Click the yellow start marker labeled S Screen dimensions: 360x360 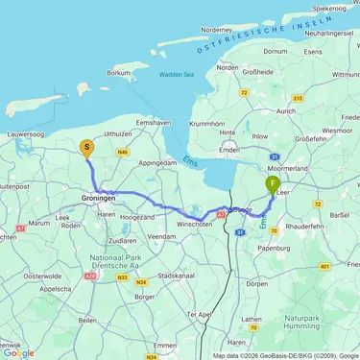coord(87,149)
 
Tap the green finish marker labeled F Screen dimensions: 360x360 coord(274,183)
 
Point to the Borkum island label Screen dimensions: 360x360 coord(118,72)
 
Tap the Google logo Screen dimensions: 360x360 coord(19,352)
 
